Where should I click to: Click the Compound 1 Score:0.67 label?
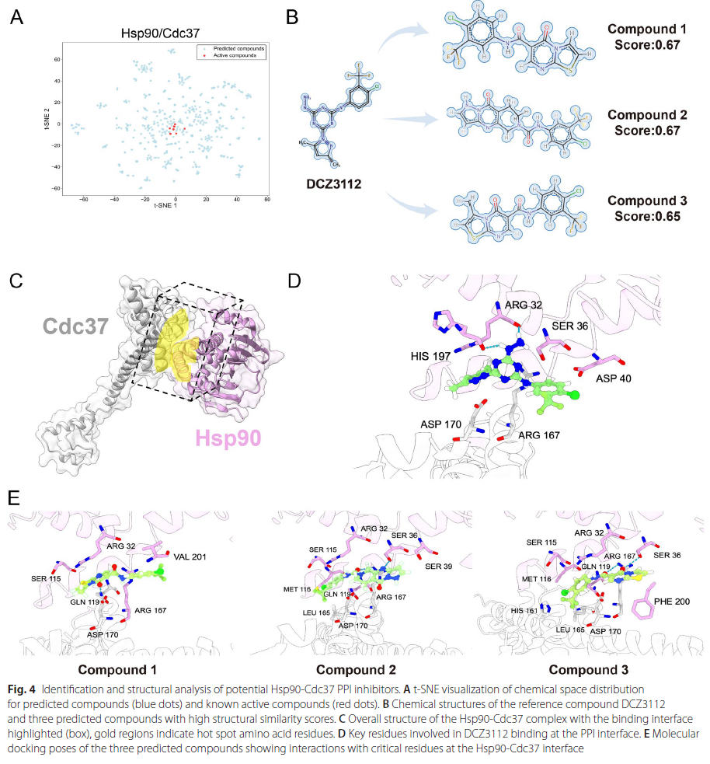[x=647, y=37]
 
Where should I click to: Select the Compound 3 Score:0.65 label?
[x=647, y=208]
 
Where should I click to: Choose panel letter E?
[x=13, y=497]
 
